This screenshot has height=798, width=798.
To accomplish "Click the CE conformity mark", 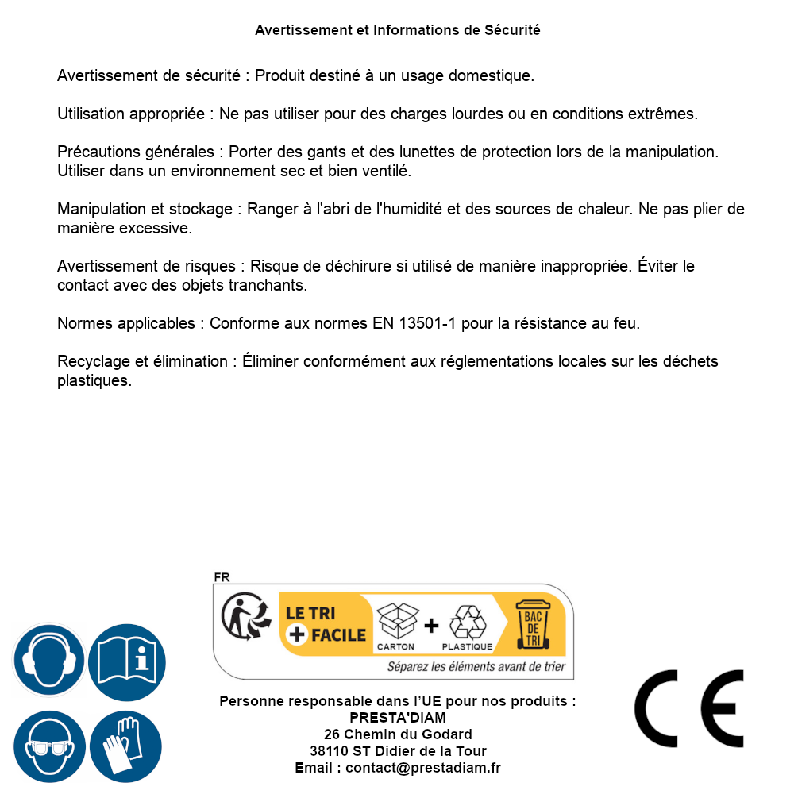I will pyautogui.click(x=688, y=708).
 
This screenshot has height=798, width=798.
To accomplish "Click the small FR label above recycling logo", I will pyautogui.click(x=222, y=578).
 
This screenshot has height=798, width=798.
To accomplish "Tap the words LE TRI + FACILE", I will pyautogui.click(x=326, y=624).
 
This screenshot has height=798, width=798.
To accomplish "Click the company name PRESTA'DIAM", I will pyautogui.click(x=398, y=718).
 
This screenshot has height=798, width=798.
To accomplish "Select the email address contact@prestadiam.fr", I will pyautogui.click(x=423, y=768).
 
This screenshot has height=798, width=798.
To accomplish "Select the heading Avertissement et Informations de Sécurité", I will pyautogui.click(x=398, y=30).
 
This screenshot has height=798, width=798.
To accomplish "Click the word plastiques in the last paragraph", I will pyautogui.click(x=94, y=380).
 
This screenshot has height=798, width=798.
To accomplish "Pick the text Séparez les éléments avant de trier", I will pyautogui.click(x=476, y=667).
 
